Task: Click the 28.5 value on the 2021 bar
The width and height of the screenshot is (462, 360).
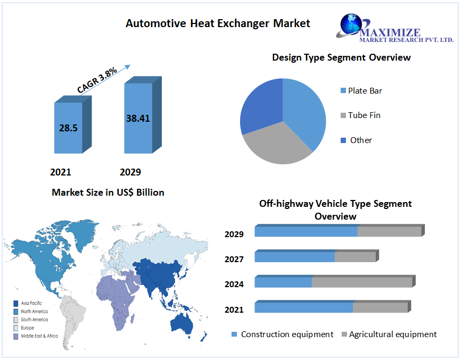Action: click(68, 128)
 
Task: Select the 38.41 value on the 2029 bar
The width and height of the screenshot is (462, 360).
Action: click(138, 119)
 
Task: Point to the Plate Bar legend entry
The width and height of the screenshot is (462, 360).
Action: click(365, 90)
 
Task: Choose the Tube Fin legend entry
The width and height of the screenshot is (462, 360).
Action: click(364, 115)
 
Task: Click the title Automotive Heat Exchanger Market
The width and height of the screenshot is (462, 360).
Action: click(218, 23)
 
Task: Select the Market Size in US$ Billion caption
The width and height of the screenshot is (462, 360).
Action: click(108, 192)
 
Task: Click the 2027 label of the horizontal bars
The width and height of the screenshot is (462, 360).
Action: click(234, 259)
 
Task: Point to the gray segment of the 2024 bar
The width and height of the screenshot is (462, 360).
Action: click(361, 282)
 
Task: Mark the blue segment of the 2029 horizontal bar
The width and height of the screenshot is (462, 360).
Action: click(306, 231)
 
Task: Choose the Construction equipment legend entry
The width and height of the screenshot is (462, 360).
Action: click(286, 334)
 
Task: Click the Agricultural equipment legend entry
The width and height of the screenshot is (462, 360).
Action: click(392, 334)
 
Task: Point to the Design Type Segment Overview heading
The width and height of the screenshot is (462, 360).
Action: click(341, 57)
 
